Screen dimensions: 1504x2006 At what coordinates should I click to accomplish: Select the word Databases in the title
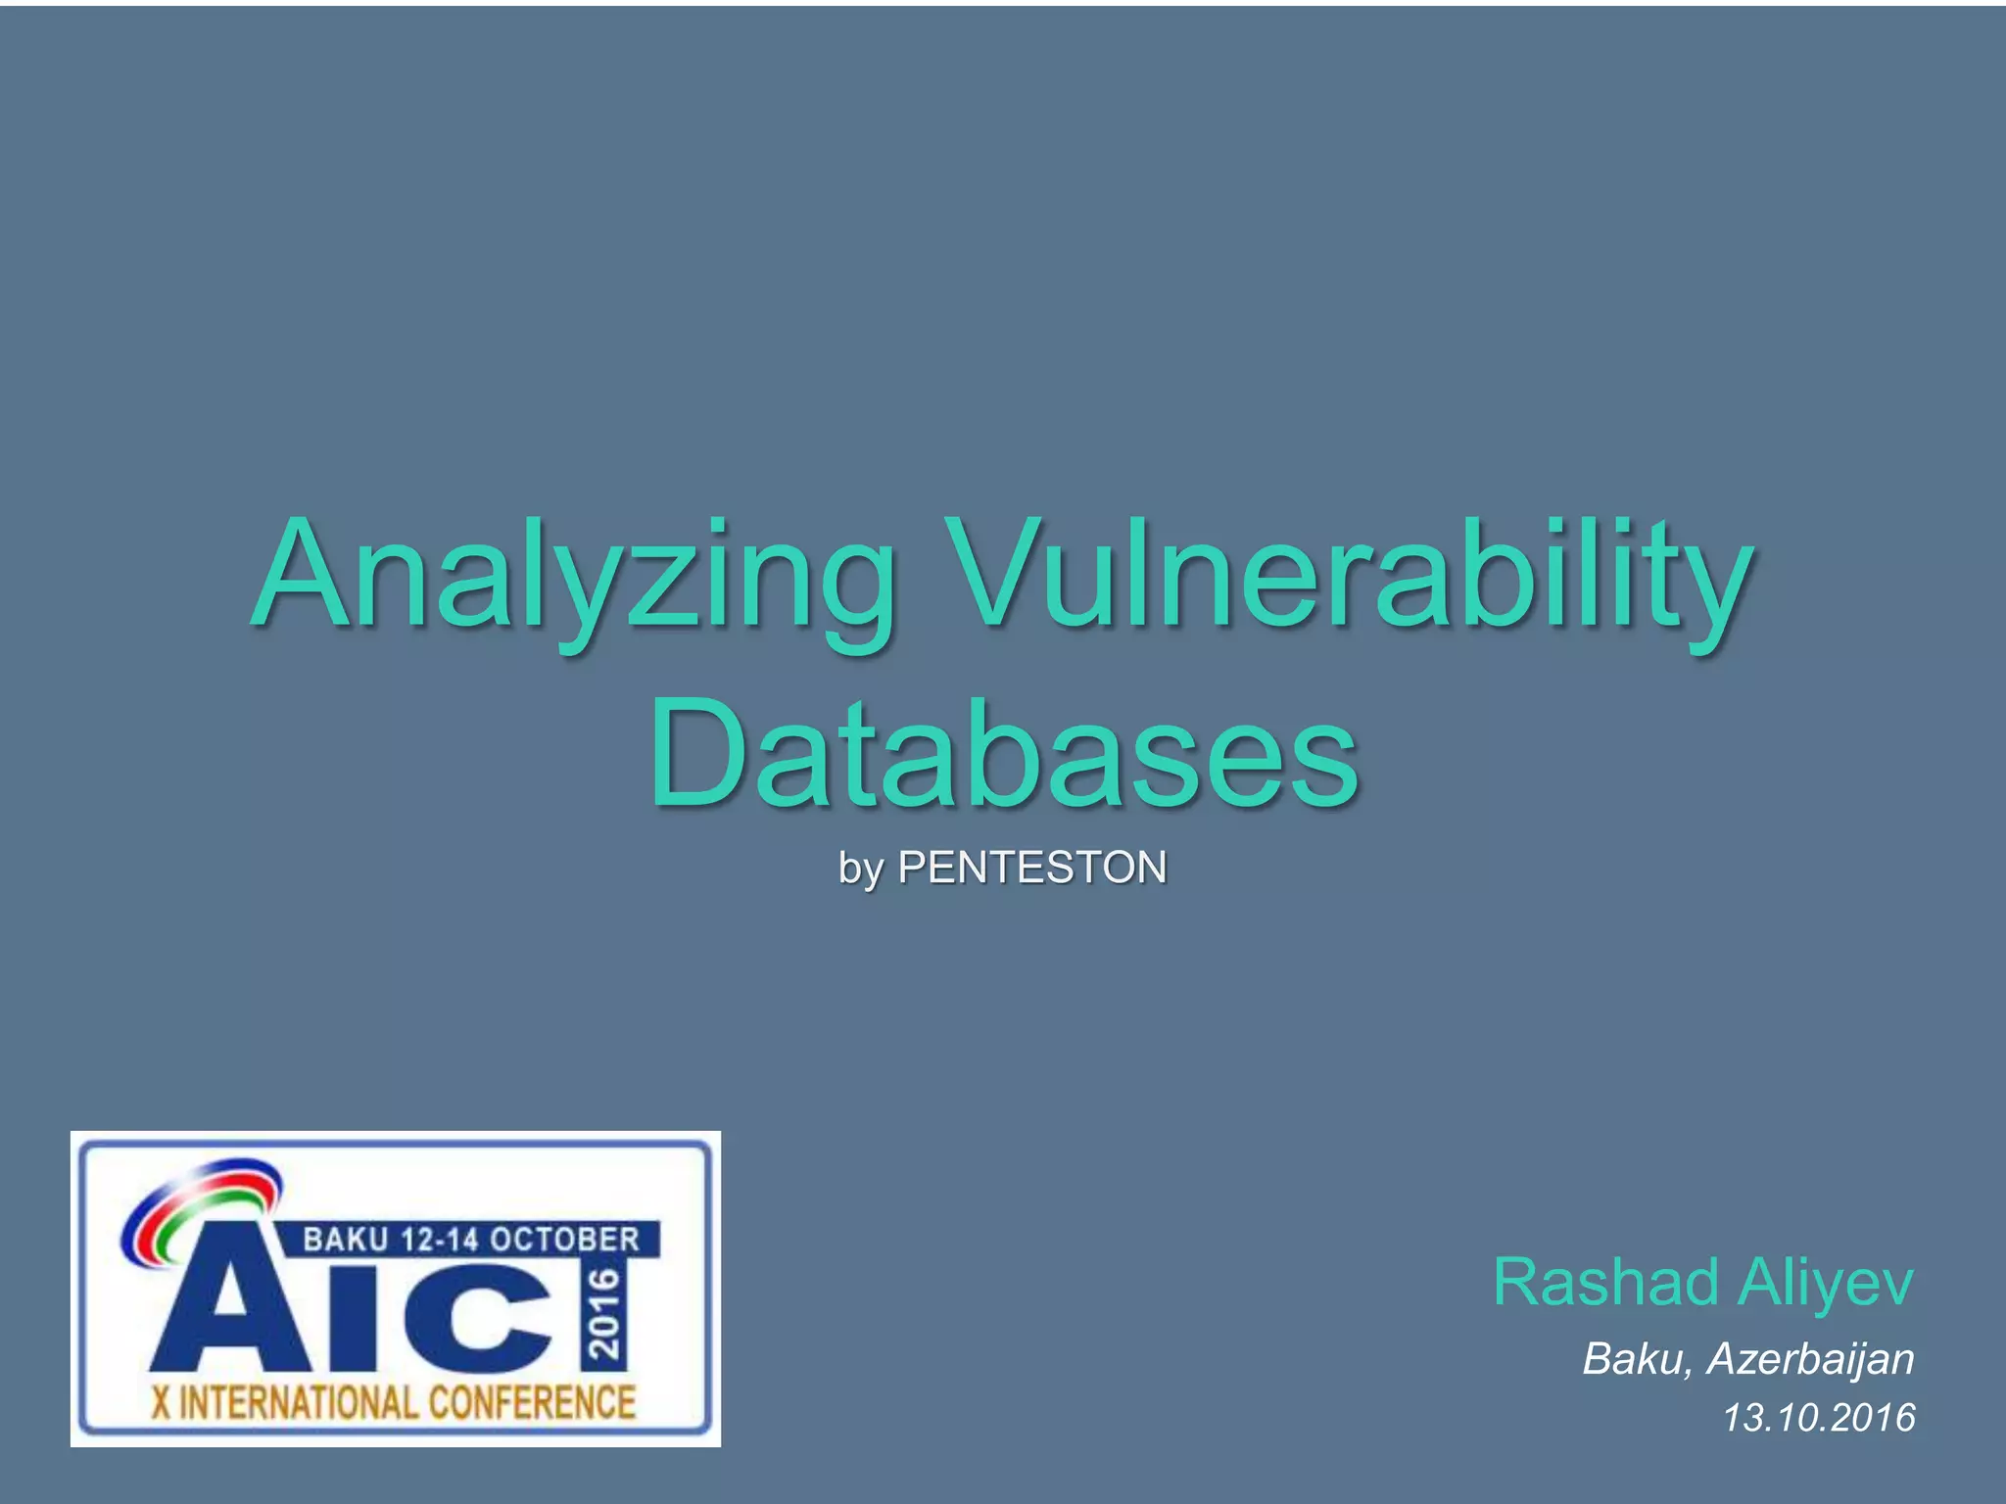(1003, 754)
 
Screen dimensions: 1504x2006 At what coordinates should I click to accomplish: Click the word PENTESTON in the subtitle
(1032, 868)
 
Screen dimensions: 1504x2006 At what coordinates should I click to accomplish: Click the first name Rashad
(1606, 1282)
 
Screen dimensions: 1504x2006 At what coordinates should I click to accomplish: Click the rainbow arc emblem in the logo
(201, 1209)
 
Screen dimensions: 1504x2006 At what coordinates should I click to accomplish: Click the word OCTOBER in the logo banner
(564, 1240)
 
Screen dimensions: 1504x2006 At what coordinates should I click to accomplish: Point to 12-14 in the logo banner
(438, 1240)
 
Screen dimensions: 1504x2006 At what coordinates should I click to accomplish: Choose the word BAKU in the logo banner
(345, 1240)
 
